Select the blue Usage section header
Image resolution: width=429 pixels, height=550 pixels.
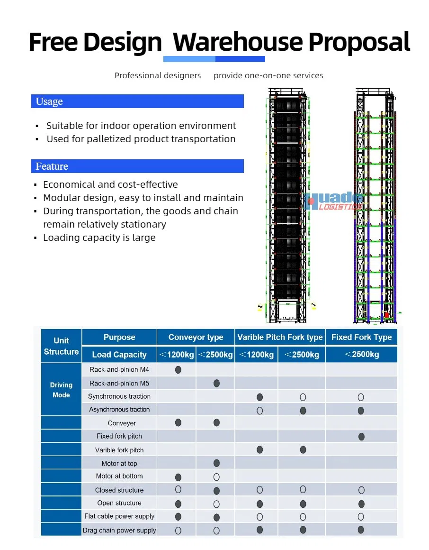(137, 101)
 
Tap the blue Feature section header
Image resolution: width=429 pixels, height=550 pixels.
(137, 166)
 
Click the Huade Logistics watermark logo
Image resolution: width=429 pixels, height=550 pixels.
(335, 201)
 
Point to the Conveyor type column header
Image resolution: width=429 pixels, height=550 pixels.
(196, 338)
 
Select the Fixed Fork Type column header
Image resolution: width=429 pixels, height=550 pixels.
(361, 338)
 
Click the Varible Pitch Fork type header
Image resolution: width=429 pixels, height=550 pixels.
(280, 338)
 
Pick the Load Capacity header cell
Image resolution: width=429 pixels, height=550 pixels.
(119, 355)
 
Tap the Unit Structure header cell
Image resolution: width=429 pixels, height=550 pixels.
(61, 346)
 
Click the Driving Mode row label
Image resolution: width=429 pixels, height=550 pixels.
(61, 390)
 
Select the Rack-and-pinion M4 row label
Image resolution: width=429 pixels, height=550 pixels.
(119, 370)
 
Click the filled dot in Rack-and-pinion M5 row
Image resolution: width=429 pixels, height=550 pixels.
(216, 383)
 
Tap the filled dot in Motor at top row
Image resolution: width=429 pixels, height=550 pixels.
(216, 463)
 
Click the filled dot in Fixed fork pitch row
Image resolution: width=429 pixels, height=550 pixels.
(361, 436)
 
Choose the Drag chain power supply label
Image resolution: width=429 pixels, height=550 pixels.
(119, 530)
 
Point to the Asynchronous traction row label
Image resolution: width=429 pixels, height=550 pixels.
(119, 410)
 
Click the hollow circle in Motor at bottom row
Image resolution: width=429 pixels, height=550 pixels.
(216, 477)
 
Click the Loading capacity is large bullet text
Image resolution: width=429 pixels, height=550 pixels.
(99, 238)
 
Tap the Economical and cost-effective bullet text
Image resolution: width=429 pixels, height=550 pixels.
(110, 185)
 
